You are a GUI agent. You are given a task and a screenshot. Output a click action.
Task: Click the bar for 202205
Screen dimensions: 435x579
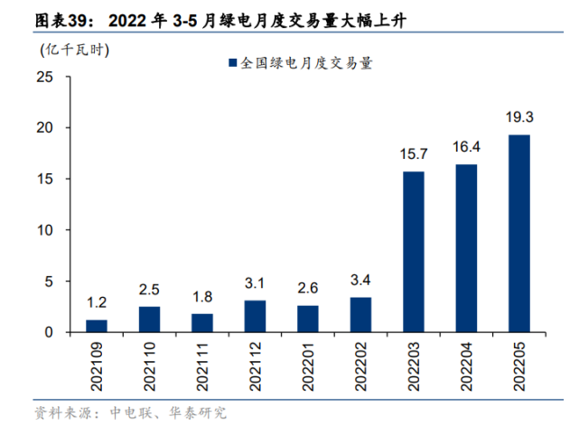519,234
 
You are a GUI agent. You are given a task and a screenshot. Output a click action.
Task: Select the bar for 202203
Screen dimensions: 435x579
414,252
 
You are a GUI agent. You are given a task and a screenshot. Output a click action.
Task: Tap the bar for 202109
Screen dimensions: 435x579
97,326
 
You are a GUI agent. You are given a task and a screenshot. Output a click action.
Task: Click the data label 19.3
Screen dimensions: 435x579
519,117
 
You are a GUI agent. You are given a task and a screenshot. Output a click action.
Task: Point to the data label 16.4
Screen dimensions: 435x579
466,147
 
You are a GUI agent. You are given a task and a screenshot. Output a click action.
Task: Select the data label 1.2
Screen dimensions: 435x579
97,302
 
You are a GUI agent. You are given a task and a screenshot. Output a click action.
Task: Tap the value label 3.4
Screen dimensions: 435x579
360,280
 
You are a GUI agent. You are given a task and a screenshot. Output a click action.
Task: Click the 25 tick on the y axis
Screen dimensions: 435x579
47,78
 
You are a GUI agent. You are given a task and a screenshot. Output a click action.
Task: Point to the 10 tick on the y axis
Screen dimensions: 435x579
47,230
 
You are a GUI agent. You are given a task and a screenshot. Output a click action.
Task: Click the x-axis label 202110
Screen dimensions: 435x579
150,365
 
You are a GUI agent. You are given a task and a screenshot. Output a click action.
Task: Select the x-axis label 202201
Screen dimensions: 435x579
308,365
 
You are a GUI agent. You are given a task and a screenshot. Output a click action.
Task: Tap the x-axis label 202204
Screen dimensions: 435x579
467,365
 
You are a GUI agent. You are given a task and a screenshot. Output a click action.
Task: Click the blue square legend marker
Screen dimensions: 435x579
232,63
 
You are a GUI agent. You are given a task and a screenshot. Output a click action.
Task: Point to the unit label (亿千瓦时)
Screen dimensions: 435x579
74,50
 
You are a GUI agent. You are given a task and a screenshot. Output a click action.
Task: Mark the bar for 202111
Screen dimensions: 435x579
202,323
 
